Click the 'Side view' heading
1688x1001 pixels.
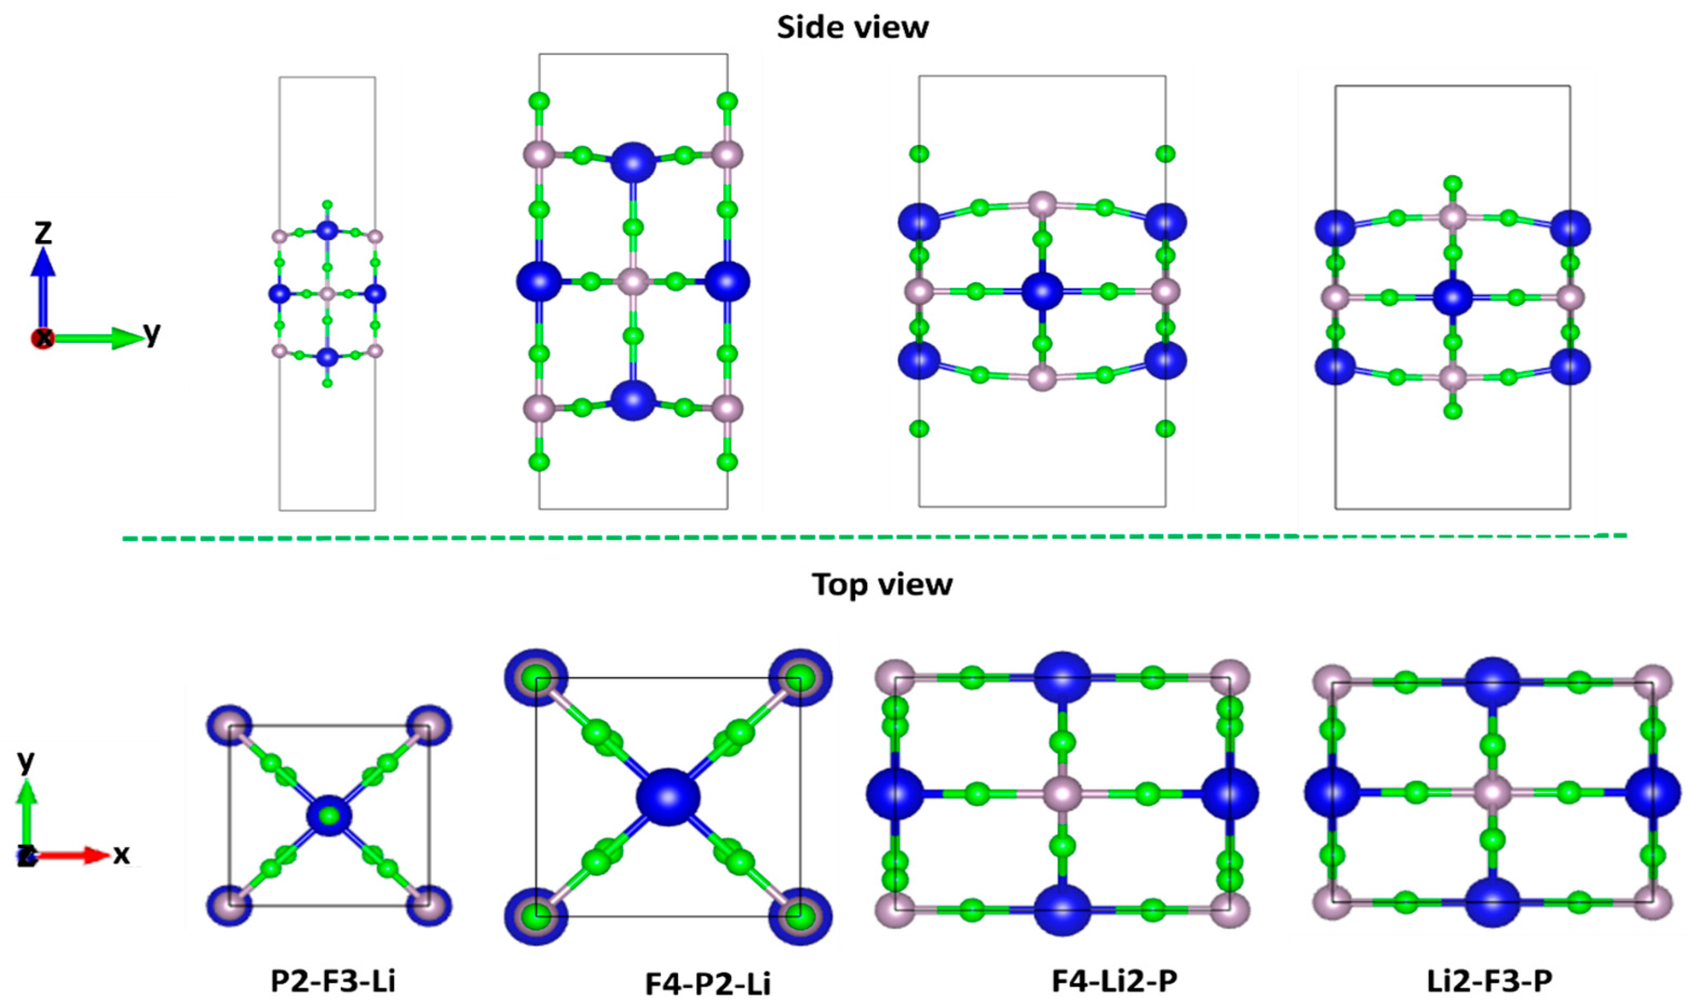[x=853, y=28]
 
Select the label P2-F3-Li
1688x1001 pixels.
[x=333, y=982]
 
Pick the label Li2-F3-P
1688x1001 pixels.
[x=1490, y=982]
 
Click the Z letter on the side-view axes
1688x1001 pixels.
[x=43, y=233]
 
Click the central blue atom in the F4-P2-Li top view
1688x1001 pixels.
[x=668, y=797]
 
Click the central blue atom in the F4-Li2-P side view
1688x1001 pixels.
[x=1042, y=292]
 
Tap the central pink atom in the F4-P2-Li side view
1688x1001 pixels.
[x=633, y=281]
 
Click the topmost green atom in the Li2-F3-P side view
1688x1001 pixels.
[x=1453, y=183]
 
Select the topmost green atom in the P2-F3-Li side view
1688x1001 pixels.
[x=327, y=204]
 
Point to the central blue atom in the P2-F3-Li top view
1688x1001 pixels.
[x=330, y=817]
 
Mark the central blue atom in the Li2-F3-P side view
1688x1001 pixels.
[x=1453, y=297]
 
